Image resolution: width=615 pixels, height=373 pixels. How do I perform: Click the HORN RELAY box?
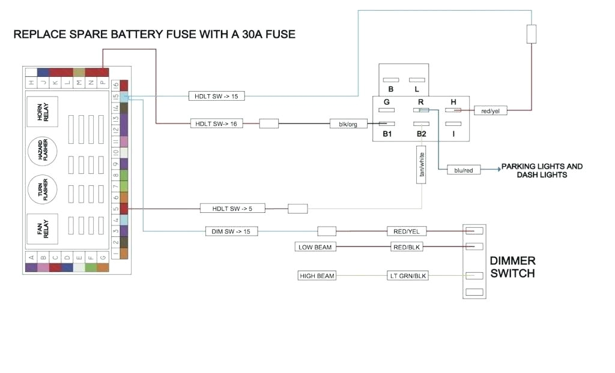[41, 112]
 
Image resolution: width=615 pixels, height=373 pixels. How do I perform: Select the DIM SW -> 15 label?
[231, 231]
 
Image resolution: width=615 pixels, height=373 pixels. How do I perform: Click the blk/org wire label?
[348, 124]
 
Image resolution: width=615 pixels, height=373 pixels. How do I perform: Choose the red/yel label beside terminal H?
[490, 110]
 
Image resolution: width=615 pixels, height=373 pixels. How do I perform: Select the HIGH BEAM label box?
[317, 276]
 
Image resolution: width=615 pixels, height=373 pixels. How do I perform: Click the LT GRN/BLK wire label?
[408, 276]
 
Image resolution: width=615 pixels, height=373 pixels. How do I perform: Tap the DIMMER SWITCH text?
[512, 267]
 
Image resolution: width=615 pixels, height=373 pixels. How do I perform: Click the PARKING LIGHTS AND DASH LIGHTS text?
[542, 170]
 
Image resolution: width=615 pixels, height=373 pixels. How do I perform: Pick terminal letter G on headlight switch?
[387, 102]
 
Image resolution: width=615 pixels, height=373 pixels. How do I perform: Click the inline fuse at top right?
[531, 34]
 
